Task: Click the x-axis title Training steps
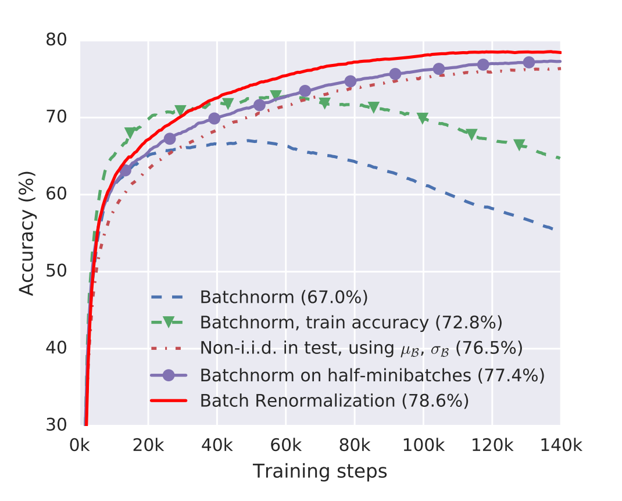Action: (x=320, y=471)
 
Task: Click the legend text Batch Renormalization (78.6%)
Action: (x=334, y=401)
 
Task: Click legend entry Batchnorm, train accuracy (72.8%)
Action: (x=351, y=322)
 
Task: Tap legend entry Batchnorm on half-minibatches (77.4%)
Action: (x=372, y=375)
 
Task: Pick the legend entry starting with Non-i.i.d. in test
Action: (x=361, y=348)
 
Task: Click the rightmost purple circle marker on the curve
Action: (x=529, y=62)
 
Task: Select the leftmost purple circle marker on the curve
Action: (x=126, y=170)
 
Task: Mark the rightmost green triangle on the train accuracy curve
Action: (x=519, y=145)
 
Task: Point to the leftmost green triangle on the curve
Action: (x=130, y=133)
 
